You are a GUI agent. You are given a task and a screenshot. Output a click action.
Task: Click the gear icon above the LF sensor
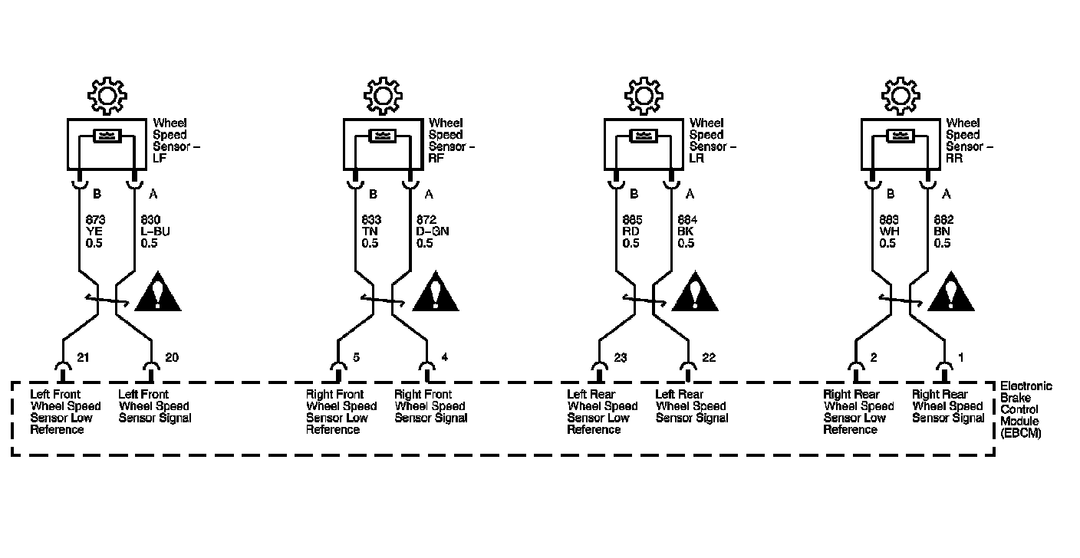tap(106, 95)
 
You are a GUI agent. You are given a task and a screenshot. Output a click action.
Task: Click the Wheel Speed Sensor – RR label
tap(968, 140)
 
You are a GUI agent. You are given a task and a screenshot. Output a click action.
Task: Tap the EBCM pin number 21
tap(84, 358)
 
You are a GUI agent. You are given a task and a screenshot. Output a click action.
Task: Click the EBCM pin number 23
tap(621, 358)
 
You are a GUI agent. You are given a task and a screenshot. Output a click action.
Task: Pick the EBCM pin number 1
tap(961, 358)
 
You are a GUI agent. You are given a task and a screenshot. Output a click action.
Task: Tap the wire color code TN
tap(369, 232)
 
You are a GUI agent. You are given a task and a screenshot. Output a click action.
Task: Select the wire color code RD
tap(631, 232)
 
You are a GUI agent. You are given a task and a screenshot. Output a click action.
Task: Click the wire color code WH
tap(887, 232)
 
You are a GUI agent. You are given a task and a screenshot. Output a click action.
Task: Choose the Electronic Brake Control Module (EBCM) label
tap(1026, 410)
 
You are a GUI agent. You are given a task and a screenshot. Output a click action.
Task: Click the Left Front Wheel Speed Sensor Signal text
tap(154, 406)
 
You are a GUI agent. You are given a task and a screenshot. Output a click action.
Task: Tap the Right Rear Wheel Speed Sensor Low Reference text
tap(859, 412)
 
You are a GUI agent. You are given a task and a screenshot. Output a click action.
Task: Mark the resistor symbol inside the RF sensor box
tap(382, 136)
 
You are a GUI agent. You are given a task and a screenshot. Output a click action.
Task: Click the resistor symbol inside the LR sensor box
tap(643, 136)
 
